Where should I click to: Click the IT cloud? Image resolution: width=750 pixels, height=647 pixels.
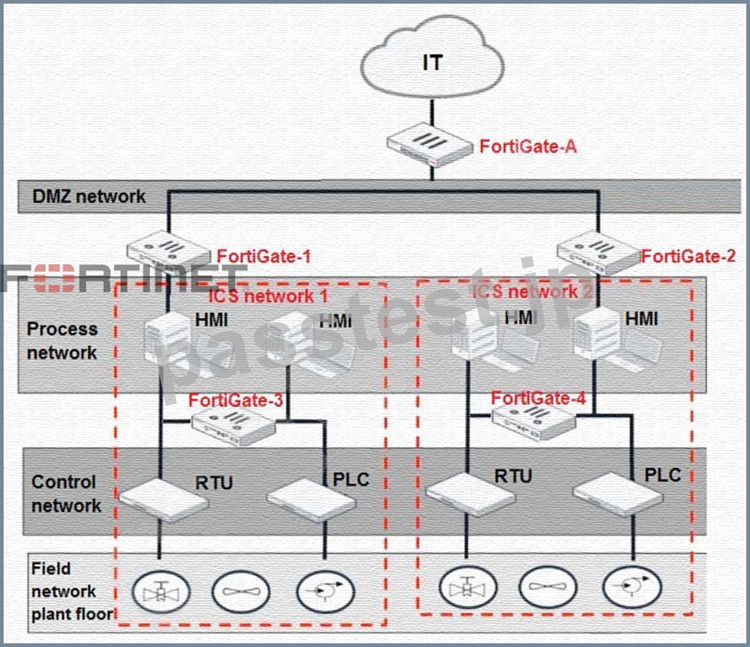pyautogui.click(x=432, y=58)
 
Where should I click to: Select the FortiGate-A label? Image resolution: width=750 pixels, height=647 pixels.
pyautogui.click(x=528, y=146)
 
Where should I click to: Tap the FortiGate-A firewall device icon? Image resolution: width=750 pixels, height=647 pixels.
pyautogui.click(x=429, y=144)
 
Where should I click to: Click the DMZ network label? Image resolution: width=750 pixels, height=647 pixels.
pyautogui.click(x=89, y=197)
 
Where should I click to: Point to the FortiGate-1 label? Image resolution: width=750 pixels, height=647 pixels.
pyautogui.click(x=264, y=256)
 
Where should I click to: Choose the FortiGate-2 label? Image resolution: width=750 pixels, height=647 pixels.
pyautogui.click(x=688, y=256)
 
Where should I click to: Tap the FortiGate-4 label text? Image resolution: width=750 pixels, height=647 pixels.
pyautogui.click(x=538, y=397)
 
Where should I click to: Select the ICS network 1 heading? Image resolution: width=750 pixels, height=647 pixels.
pyautogui.click(x=268, y=295)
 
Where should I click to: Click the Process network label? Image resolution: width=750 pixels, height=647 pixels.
pyautogui.click(x=62, y=341)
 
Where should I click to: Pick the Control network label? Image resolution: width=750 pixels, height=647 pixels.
pyautogui.click(x=66, y=493)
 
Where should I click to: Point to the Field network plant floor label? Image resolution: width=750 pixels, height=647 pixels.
pyautogui.click(x=72, y=591)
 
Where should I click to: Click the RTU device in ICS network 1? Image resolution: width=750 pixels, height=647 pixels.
pyautogui.click(x=164, y=499)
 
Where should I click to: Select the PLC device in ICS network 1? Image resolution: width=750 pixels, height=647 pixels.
pyautogui.click(x=311, y=499)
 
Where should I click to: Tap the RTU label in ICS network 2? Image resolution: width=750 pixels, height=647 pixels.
pyautogui.click(x=513, y=476)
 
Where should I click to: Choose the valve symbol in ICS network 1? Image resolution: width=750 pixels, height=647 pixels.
pyautogui.click(x=161, y=592)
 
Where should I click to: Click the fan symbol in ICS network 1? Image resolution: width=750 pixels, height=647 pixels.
pyautogui.click(x=241, y=592)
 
